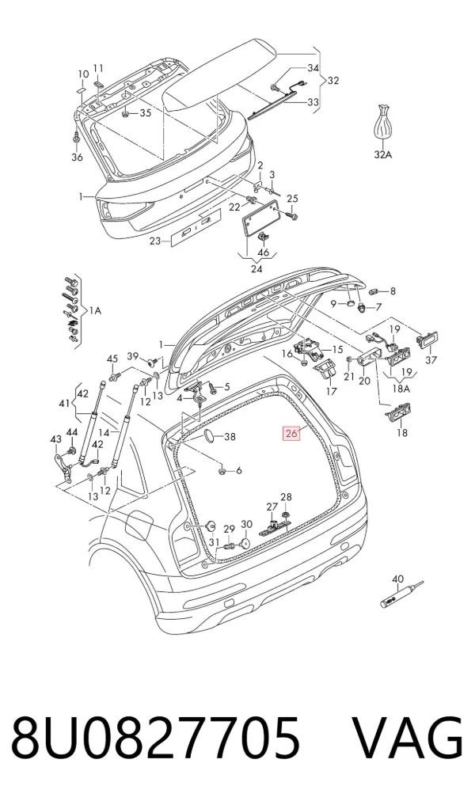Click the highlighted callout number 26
(x=291, y=433)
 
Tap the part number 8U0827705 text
(x=155, y=738)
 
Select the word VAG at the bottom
(x=408, y=738)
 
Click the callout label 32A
(x=382, y=154)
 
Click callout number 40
(x=398, y=579)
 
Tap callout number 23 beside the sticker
(x=156, y=241)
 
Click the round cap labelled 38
(x=210, y=437)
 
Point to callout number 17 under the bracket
(x=332, y=391)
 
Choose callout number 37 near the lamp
(x=431, y=359)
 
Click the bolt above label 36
(x=76, y=138)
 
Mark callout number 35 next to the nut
(x=146, y=113)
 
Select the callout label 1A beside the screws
(x=95, y=310)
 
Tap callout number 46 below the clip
(x=263, y=252)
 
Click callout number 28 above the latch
(x=286, y=496)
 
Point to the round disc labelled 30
(x=245, y=541)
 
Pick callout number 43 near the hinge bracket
(x=55, y=439)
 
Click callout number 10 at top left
(x=83, y=74)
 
